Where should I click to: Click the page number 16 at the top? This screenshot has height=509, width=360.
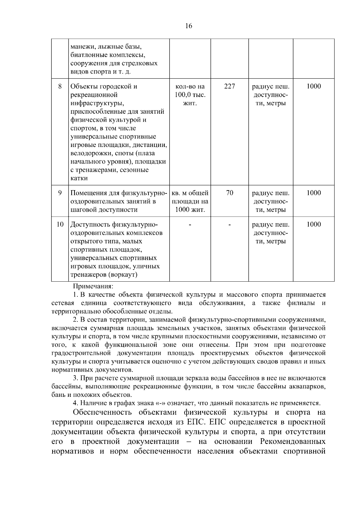click(x=189, y=26)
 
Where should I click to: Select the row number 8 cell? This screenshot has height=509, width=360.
click(x=60, y=86)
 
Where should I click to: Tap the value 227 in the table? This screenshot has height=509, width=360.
click(x=229, y=86)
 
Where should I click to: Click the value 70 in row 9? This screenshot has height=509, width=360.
click(x=229, y=193)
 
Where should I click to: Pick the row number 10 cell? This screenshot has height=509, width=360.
click(x=60, y=224)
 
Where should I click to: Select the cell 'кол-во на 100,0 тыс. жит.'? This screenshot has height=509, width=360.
click(x=190, y=95)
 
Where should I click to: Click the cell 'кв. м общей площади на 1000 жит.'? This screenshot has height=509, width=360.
click(x=190, y=201)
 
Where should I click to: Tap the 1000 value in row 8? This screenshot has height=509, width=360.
click(x=313, y=86)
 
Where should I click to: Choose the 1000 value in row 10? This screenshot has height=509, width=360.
click(x=313, y=224)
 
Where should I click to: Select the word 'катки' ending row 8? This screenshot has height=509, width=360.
click(x=79, y=178)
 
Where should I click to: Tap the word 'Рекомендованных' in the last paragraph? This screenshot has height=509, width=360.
click(x=293, y=442)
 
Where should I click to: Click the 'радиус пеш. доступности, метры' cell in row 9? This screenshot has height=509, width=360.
click(x=271, y=201)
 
